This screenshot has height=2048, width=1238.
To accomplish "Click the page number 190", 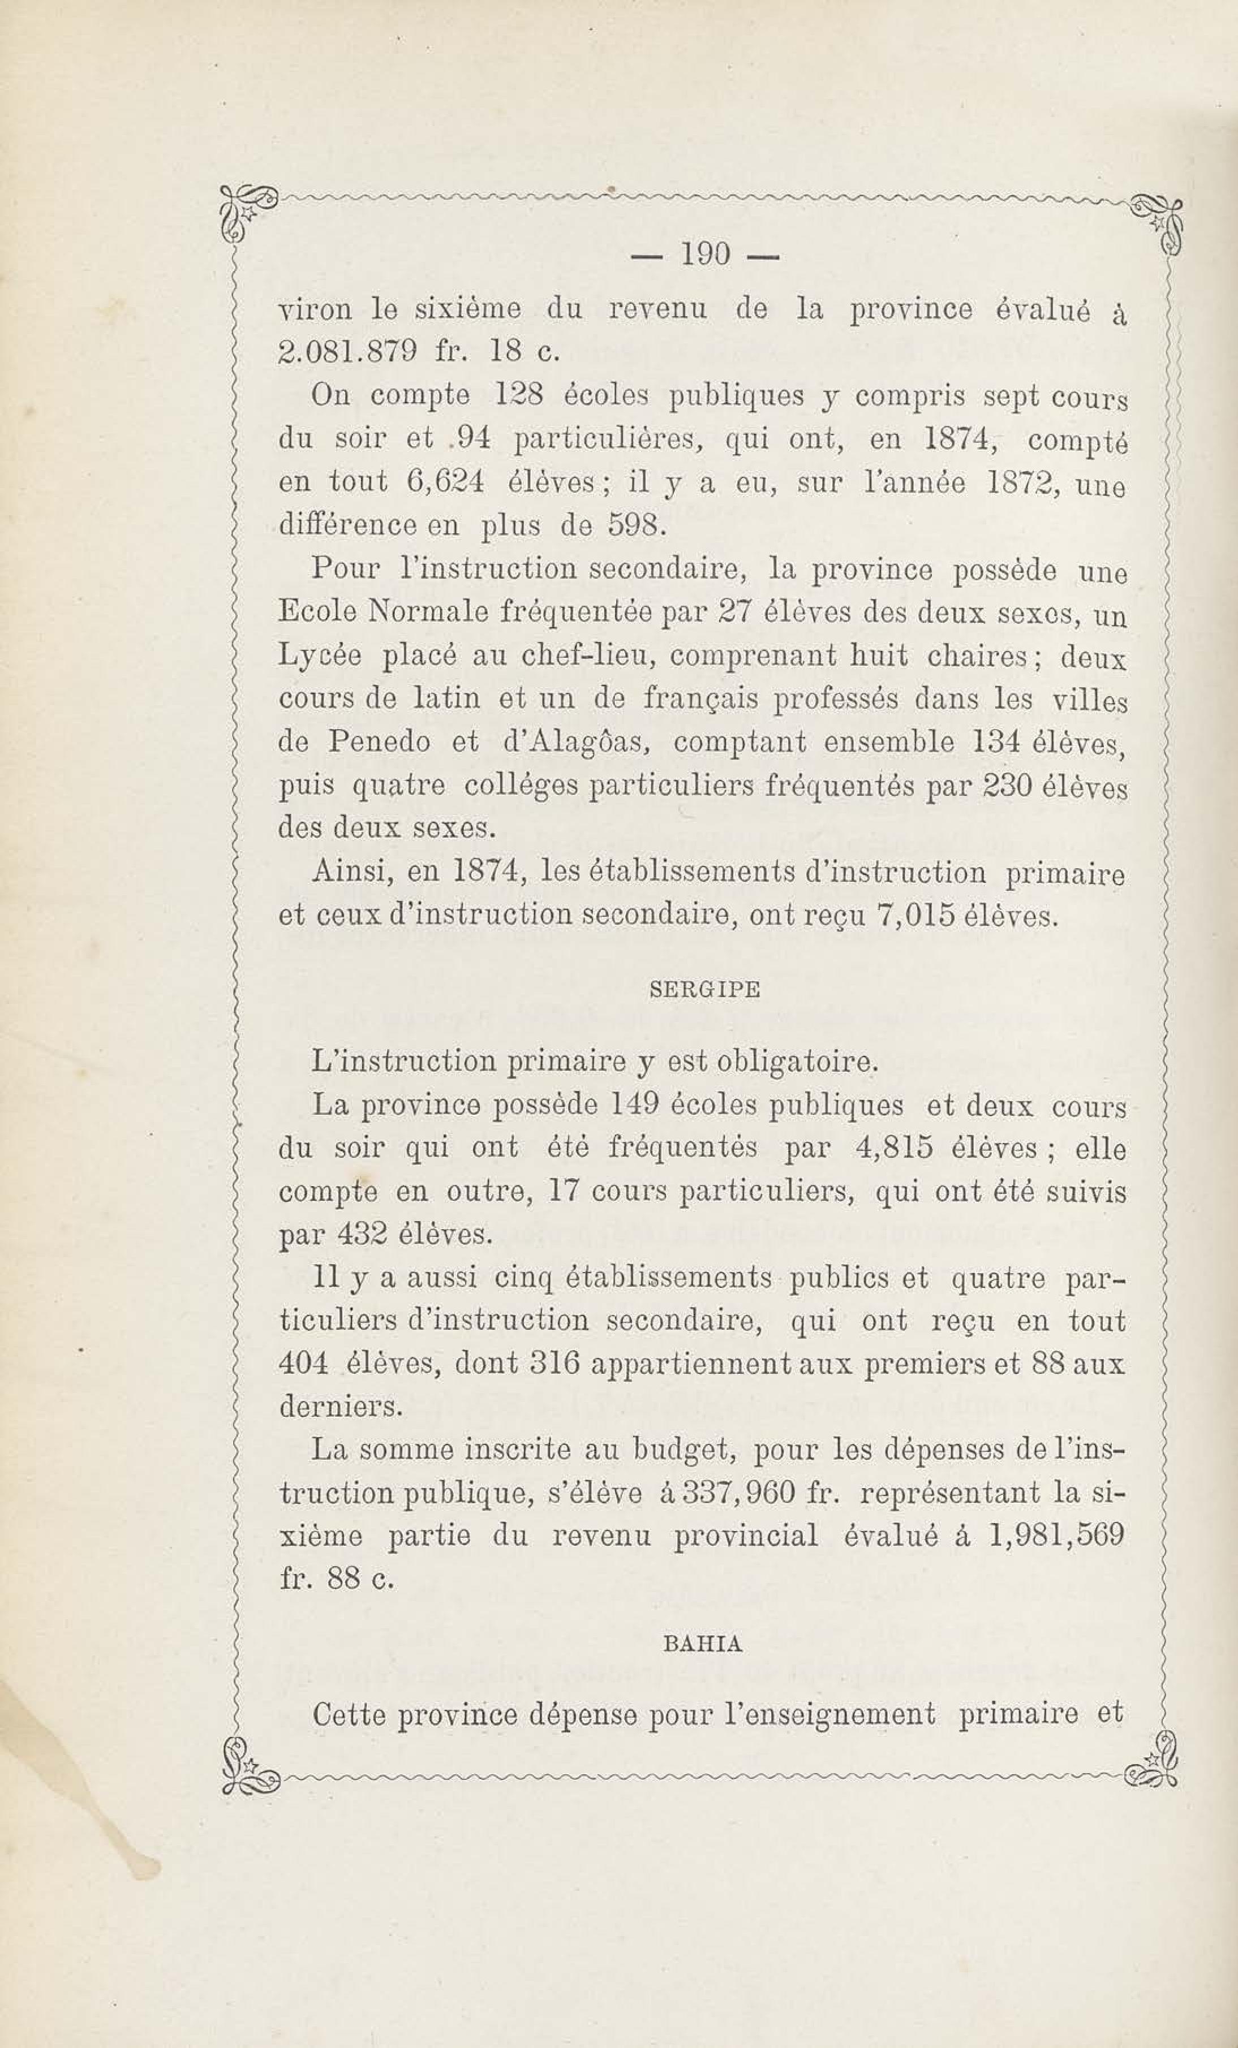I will tap(704, 255).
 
